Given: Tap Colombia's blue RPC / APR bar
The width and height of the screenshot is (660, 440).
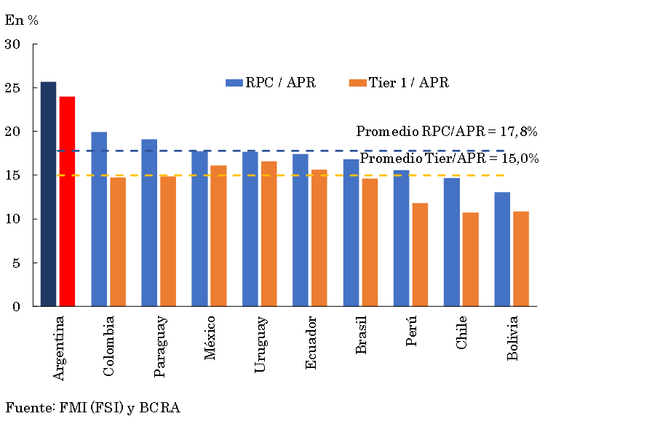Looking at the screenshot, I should (99, 219).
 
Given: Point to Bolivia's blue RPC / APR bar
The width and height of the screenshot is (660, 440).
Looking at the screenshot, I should (502, 249).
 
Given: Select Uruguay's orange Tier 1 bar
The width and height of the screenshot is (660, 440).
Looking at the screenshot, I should (269, 233).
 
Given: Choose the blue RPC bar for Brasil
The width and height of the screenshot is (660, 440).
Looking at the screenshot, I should (351, 233).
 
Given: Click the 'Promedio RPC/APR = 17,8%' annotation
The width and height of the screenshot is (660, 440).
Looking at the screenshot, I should (446, 132).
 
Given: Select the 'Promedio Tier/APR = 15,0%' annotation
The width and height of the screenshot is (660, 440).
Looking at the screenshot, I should (449, 159).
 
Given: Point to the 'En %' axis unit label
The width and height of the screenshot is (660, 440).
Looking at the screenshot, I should (22, 20).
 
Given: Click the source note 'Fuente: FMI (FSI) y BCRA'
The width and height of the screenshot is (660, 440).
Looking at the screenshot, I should (92, 408).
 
